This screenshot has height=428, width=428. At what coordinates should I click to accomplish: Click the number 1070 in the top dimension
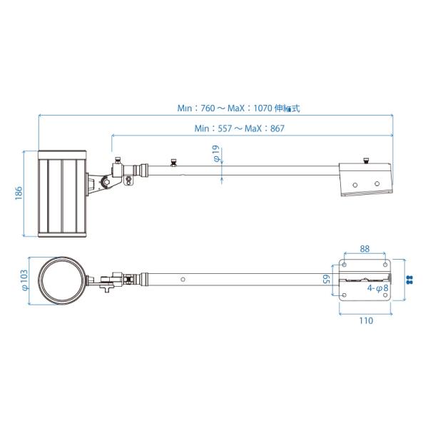(x=263, y=108)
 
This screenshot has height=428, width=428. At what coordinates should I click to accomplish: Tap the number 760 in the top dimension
(x=208, y=108)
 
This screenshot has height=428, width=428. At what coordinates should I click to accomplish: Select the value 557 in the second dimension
(x=225, y=128)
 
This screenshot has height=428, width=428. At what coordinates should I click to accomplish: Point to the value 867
(x=277, y=128)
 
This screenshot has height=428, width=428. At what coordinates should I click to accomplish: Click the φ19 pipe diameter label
(x=216, y=153)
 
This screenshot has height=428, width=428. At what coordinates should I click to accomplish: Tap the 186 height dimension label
(x=19, y=193)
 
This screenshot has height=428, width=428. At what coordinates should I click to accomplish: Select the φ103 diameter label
(x=24, y=280)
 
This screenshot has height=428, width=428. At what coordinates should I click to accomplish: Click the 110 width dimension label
(x=366, y=320)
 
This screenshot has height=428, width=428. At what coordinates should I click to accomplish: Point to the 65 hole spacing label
(x=327, y=279)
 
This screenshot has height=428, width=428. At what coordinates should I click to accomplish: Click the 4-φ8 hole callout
(x=378, y=288)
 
